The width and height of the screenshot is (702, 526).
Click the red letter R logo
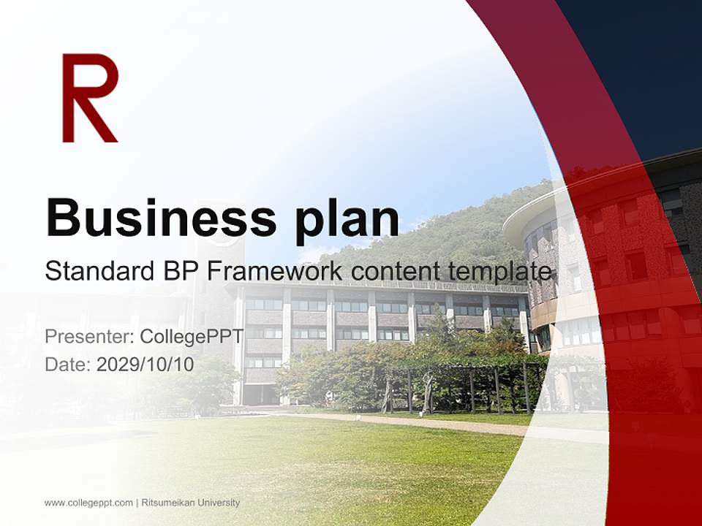tap(89, 98)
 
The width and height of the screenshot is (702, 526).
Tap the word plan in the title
tap(347, 218)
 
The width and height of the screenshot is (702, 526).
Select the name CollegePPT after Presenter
tap(192, 337)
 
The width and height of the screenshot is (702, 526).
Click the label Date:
tap(68, 364)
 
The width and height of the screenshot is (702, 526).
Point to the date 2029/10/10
tap(146, 364)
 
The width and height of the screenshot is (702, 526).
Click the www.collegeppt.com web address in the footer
tap(88, 503)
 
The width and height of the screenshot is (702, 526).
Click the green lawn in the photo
tap(329, 468)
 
